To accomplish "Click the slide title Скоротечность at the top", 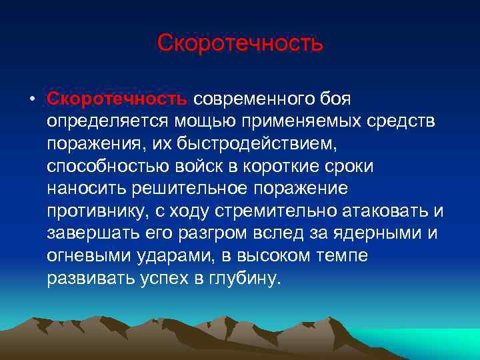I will click(x=240, y=43).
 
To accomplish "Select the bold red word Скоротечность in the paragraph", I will click(x=117, y=99).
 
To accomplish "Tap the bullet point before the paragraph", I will click(x=31, y=99).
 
